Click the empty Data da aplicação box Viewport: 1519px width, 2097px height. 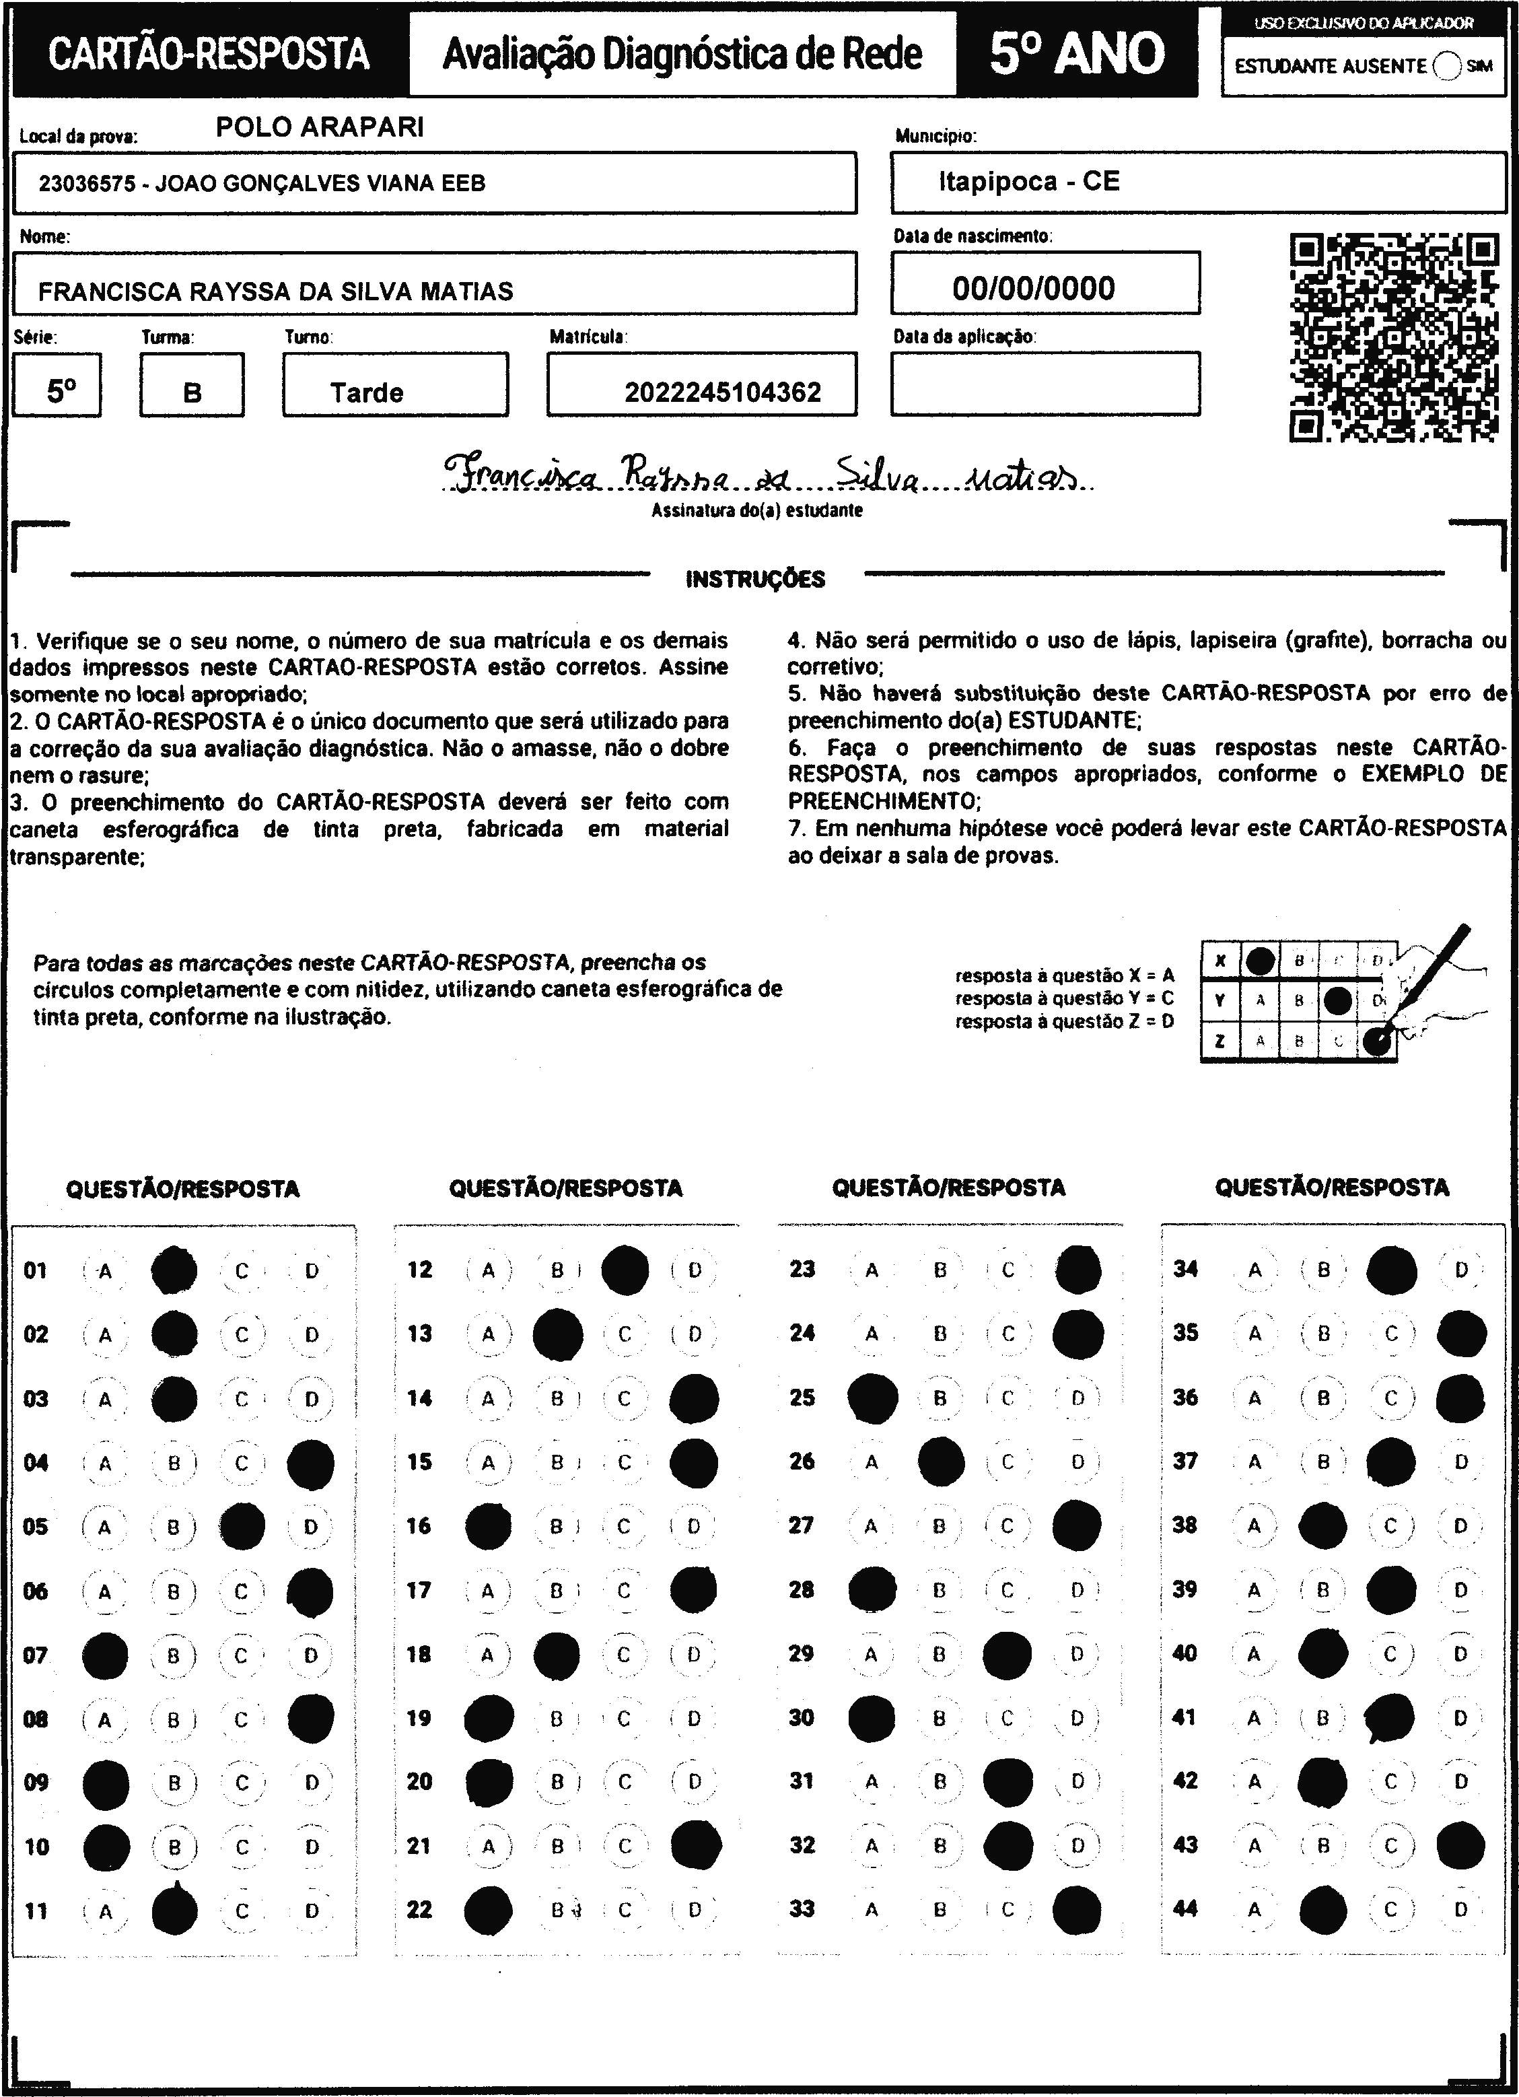coord(1045,384)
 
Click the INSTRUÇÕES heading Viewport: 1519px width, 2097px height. coord(755,580)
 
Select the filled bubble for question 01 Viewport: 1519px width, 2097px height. coord(174,1270)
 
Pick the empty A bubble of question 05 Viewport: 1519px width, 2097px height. coord(104,1527)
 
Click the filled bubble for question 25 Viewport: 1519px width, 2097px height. coord(872,1398)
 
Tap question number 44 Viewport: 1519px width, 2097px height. coord(1185,1909)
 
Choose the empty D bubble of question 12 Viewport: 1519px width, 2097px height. coord(695,1270)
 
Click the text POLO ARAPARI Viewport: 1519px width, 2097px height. coord(320,128)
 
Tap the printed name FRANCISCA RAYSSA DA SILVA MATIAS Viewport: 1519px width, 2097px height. coord(275,291)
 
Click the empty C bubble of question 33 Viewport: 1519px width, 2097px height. coord(1008,1909)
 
